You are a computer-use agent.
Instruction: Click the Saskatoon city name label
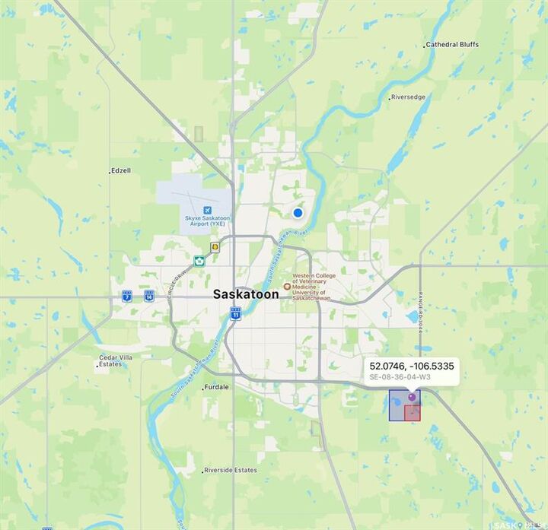245,294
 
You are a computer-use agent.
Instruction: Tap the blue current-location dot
298,214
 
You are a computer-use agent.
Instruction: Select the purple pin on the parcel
412,397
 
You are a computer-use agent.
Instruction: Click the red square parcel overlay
413,413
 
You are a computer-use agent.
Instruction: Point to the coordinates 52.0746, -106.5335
411,366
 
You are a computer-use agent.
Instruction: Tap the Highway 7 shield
126,296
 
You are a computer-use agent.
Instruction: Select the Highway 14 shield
148,296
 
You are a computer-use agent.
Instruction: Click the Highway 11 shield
236,313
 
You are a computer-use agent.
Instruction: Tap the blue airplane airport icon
207,209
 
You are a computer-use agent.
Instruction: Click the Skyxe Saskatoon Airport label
207,221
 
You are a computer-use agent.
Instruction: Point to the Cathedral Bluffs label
452,44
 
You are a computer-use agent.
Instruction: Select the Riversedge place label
409,97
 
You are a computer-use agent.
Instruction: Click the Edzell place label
121,170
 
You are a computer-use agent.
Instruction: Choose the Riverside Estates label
231,470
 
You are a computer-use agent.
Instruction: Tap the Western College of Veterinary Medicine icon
287,287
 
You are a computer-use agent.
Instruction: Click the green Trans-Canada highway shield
199,261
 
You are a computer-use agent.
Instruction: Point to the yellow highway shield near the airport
215,247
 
